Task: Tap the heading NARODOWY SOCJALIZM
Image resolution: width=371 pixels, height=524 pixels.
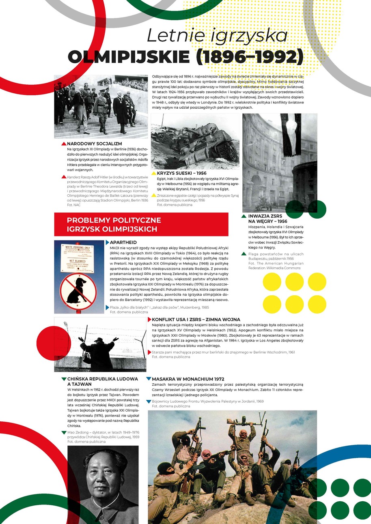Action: [x=95, y=144]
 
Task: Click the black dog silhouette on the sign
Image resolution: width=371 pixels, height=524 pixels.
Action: [x=76, y=291]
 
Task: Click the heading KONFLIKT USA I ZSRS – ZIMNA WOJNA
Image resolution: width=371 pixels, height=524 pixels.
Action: [x=196, y=320]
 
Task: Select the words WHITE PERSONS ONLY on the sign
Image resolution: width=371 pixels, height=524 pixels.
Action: [x=78, y=246]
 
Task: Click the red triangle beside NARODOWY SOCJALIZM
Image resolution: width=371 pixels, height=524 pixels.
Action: [x=64, y=144]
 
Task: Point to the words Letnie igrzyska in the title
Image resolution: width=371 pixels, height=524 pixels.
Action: [x=217, y=36]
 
